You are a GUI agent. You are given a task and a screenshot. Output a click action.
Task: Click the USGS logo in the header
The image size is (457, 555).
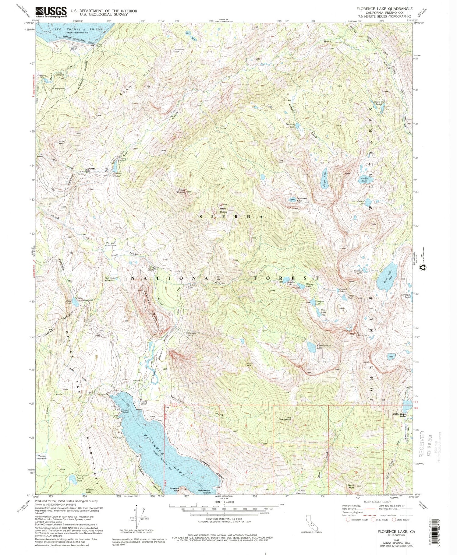coord(51,12)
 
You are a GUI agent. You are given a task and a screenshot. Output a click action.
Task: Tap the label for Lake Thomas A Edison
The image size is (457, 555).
coord(77,29)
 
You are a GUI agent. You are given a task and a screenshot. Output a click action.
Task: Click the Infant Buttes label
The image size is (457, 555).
coord(224,210)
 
